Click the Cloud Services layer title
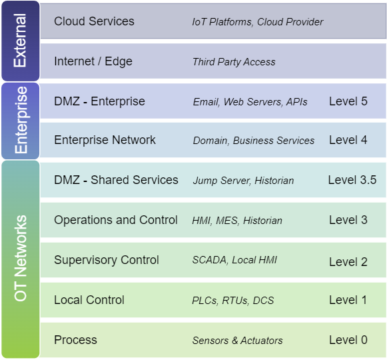point(94,21)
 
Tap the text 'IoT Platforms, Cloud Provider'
point(258,22)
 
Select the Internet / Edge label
point(93,61)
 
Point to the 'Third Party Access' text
point(234,62)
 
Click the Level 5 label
point(348,101)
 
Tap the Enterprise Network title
point(105,140)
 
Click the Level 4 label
point(348,140)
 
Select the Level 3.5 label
point(352,180)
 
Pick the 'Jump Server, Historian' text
point(243,181)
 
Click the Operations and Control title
point(116,220)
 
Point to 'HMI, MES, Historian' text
point(237,221)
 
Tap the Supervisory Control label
point(107,260)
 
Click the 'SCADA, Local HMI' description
point(234,260)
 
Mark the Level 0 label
point(348,340)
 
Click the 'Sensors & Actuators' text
point(237,341)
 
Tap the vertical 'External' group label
point(21,40)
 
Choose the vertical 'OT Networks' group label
point(21,258)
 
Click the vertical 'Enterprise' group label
point(21,120)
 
